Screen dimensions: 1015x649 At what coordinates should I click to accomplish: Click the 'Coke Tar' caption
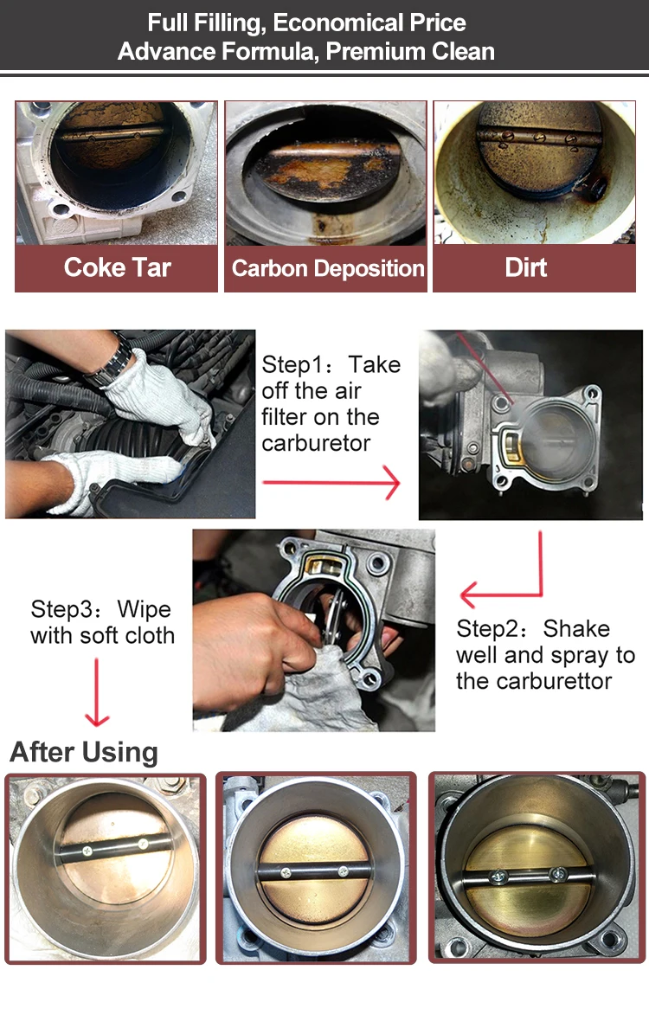click(x=117, y=267)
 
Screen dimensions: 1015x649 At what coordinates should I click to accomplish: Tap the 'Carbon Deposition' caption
click(x=328, y=267)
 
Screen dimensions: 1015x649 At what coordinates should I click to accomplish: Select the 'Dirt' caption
click(x=526, y=267)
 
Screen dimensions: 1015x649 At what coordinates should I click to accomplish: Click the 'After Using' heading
click(x=84, y=752)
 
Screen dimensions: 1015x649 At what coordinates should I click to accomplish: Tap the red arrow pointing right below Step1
click(x=331, y=483)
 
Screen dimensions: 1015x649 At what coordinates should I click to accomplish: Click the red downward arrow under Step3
click(x=98, y=692)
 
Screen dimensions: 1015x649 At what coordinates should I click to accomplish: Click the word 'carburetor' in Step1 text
click(x=316, y=443)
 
